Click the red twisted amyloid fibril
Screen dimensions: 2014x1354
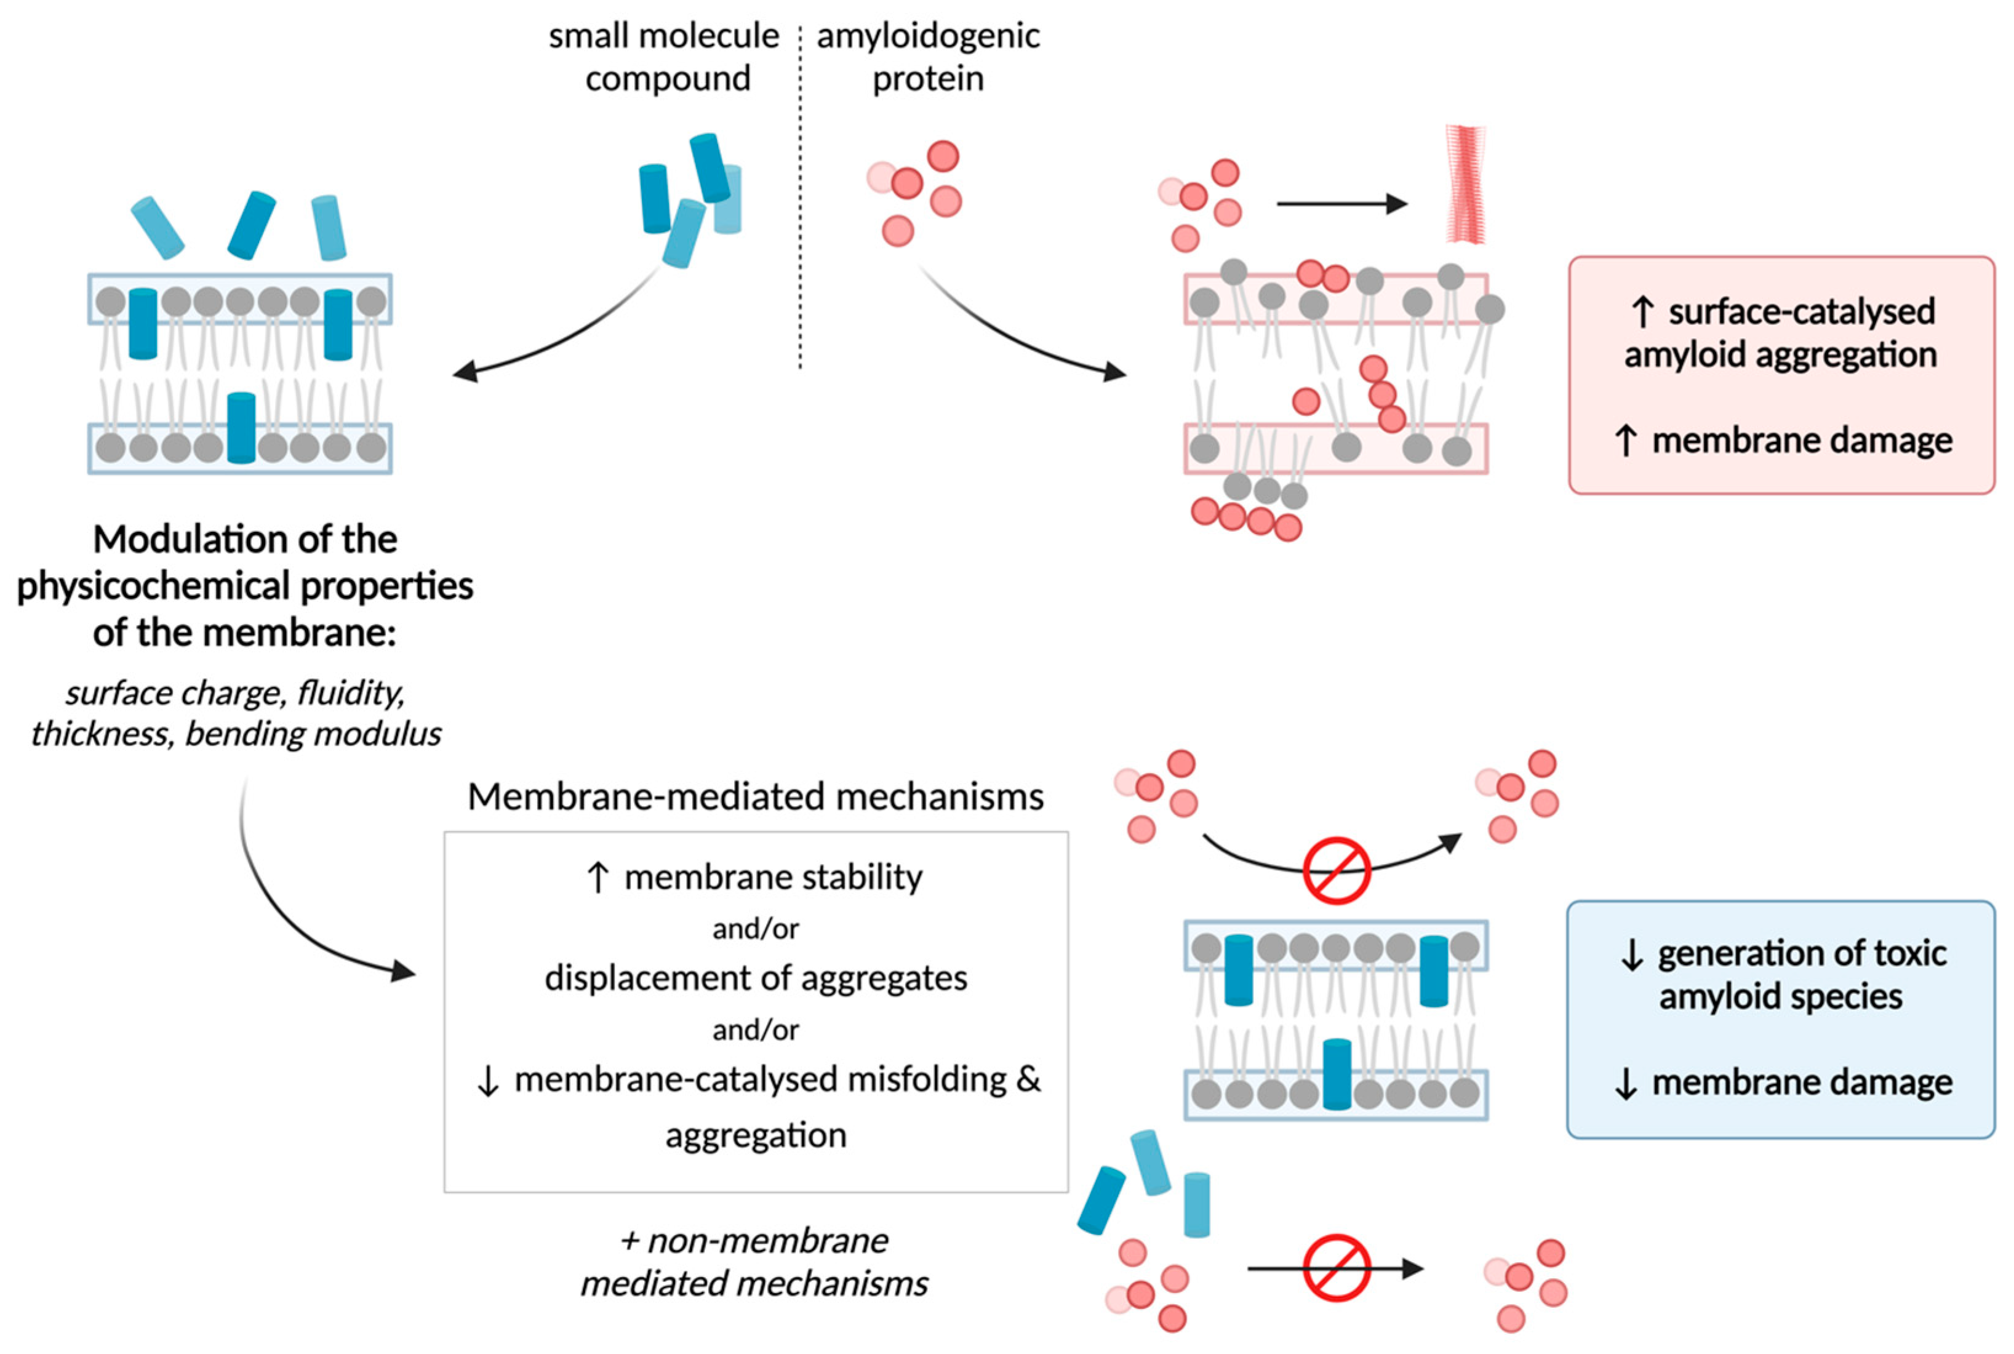[1466, 184]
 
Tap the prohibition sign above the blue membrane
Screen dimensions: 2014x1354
[1337, 870]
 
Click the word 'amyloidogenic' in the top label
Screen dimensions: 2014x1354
[928, 37]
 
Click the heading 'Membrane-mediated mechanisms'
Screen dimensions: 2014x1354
[756, 796]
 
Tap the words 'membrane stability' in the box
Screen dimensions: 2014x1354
[773, 878]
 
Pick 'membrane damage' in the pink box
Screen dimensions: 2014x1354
[1802, 441]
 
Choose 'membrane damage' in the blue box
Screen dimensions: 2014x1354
[1802, 1082]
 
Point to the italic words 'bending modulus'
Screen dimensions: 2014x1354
[313, 734]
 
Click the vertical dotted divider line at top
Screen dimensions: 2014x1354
[801, 198]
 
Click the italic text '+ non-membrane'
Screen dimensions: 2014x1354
[754, 1241]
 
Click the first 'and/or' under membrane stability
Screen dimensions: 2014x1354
[756, 929]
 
